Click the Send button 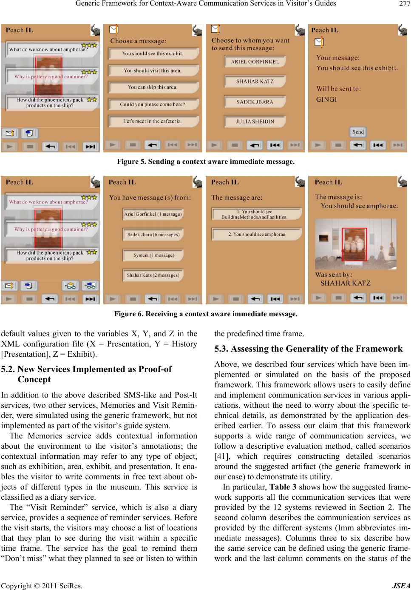(x=358, y=132)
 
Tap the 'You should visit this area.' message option (x=152, y=71)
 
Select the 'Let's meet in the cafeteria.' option (x=152, y=121)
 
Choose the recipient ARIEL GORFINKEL (x=255, y=62)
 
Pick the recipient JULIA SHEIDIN (x=255, y=121)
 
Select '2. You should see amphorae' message (x=256, y=234)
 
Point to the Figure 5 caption (x=206, y=162)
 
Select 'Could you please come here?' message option (x=152, y=104)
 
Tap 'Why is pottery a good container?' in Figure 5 (x=51, y=77)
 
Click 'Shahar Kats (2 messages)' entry (x=153, y=275)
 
